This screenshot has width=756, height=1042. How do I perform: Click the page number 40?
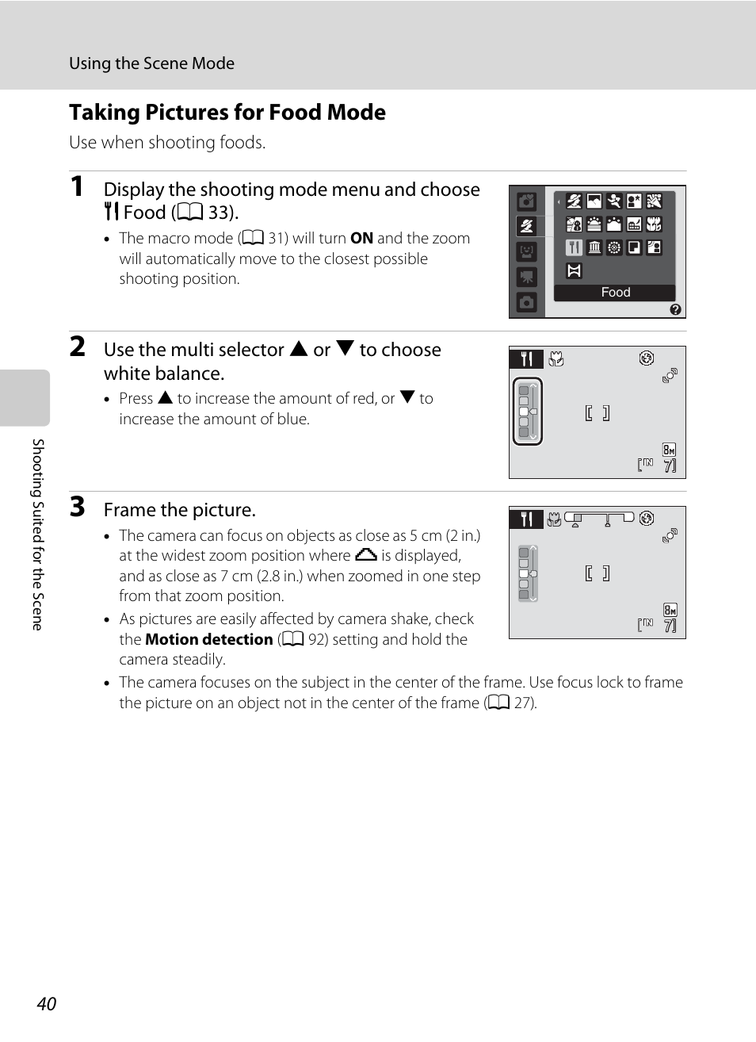click(x=46, y=1003)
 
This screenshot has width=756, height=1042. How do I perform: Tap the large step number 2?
click(x=77, y=347)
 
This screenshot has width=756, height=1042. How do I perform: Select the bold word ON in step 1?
click(x=361, y=238)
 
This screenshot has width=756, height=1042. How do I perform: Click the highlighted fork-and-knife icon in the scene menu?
click(x=574, y=247)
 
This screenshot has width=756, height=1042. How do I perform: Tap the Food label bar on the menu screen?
click(x=615, y=293)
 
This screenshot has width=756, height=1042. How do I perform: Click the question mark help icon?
click(x=675, y=309)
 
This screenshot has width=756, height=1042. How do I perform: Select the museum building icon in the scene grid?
click(x=594, y=247)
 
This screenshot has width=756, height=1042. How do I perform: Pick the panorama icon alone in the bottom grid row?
click(x=574, y=270)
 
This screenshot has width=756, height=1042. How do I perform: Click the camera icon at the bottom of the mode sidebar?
click(x=526, y=302)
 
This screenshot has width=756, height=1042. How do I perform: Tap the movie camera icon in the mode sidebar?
click(x=526, y=277)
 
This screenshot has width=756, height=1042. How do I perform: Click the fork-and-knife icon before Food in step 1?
click(x=112, y=212)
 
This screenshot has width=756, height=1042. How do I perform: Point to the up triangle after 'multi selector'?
click(x=298, y=349)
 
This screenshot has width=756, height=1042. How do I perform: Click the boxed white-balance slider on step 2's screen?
click(x=527, y=412)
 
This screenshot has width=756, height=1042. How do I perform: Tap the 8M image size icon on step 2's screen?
click(x=669, y=450)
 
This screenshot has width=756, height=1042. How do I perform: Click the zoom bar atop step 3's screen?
click(x=599, y=519)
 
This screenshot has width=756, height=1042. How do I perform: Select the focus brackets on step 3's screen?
click(x=597, y=573)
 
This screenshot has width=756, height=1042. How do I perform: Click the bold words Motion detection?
click(x=209, y=639)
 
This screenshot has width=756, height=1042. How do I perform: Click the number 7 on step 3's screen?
click(x=670, y=626)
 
